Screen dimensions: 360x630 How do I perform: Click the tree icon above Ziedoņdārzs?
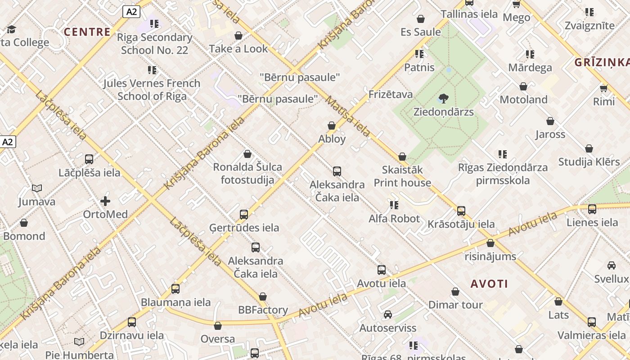(444, 98)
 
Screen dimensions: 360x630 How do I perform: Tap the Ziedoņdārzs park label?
(443, 112)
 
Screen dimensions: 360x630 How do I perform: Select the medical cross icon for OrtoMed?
(105, 201)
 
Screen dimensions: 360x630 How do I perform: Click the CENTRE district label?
(87, 32)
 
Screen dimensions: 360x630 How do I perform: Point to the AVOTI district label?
(489, 284)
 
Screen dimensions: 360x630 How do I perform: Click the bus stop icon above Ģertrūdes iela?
(244, 214)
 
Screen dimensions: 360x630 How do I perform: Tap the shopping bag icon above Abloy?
(332, 126)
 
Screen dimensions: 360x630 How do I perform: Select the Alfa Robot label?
(394, 219)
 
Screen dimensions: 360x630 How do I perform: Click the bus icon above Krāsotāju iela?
(461, 211)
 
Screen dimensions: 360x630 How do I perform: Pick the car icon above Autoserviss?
(388, 315)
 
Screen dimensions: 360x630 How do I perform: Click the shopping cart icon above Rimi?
(603, 88)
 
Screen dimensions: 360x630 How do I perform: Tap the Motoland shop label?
(523, 99)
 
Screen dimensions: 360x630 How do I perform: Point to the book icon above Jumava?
(37, 188)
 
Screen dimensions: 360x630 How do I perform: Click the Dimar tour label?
(455, 305)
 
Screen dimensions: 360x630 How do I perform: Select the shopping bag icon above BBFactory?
(263, 297)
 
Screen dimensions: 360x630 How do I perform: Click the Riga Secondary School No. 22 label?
(154, 44)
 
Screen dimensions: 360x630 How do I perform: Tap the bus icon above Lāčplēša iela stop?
(89, 159)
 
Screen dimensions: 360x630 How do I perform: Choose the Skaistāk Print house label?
(402, 176)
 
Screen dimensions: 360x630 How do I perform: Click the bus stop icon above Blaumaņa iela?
(175, 288)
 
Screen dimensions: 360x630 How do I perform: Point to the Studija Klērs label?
(589, 162)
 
